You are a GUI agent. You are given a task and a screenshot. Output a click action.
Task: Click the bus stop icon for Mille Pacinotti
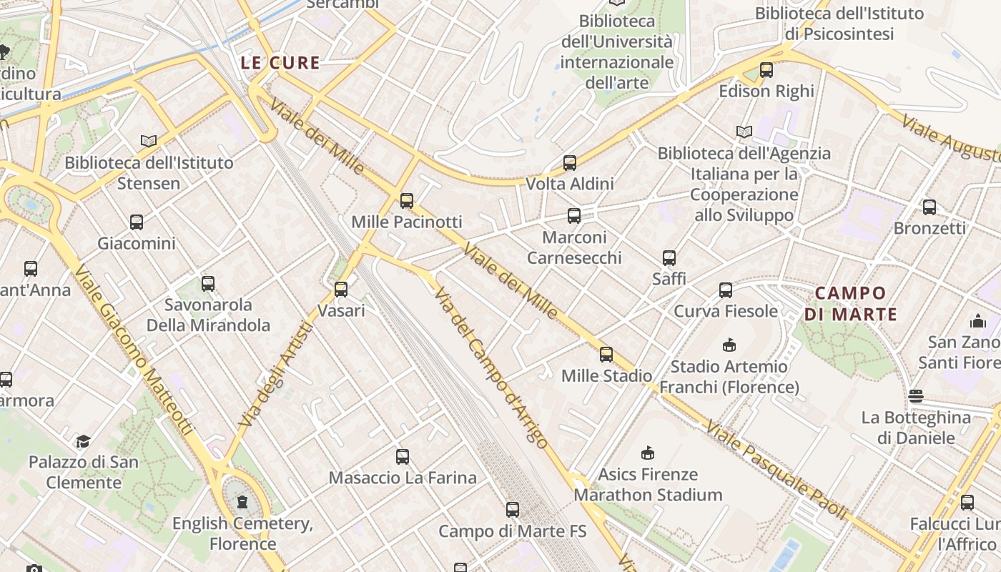click(407, 201)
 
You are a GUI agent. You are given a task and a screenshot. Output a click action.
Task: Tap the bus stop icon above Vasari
click(341, 290)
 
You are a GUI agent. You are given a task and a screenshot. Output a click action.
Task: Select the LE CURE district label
click(280, 63)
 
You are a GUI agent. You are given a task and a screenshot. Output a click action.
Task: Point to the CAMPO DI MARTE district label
click(850, 303)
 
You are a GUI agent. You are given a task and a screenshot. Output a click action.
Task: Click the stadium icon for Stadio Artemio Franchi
click(729, 345)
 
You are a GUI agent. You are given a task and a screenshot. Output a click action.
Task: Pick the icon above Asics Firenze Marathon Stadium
click(648, 453)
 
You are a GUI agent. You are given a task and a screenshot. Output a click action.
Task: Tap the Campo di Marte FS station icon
click(512, 510)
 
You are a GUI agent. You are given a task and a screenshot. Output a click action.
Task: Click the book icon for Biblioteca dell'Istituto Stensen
click(149, 142)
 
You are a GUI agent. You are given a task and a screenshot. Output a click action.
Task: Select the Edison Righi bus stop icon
click(766, 70)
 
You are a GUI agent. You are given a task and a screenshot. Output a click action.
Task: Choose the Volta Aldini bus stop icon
click(570, 163)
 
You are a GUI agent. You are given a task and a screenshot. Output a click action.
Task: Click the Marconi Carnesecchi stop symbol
click(573, 216)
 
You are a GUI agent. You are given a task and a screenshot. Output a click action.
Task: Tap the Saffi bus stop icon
click(669, 258)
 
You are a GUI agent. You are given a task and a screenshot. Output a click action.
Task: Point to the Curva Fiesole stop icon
click(726, 290)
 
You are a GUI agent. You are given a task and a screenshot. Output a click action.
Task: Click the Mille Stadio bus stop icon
click(606, 355)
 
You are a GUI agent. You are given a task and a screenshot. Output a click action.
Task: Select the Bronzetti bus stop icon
click(929, 207)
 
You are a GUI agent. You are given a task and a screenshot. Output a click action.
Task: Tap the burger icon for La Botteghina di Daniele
click(916, 396)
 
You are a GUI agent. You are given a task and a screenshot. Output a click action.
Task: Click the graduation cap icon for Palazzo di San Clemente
click(84, 441)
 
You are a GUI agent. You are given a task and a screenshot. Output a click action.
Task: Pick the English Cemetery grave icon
click(242, 502)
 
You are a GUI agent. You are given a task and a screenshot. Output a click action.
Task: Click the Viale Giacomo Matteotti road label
click(134, 350)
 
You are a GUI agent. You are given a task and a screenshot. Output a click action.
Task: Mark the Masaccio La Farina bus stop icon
click(403, 457)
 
